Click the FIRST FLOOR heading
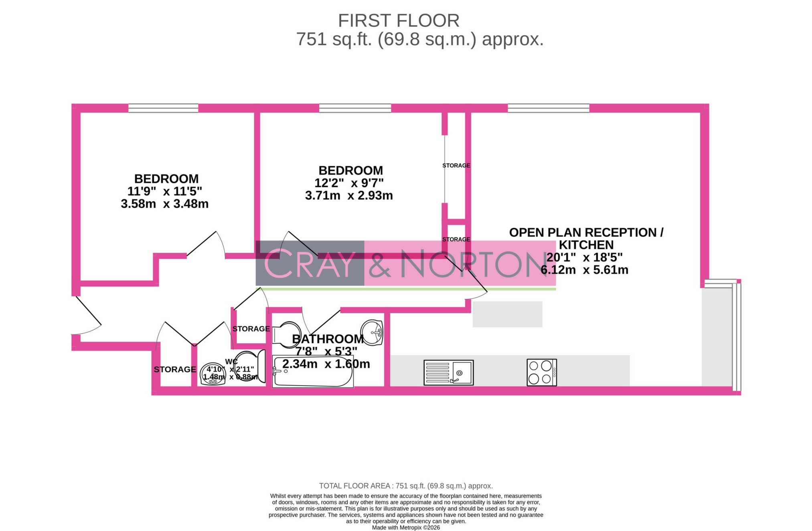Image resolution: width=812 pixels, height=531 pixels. [399, 21]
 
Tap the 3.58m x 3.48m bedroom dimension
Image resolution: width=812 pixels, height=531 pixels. [165, 204]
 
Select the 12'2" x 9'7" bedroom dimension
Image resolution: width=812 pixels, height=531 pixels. [349, 183]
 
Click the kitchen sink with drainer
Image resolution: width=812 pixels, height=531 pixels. [448, 372]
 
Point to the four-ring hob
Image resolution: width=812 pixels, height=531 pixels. [541, 372]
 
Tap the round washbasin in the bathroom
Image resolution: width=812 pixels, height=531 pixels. [372, 332]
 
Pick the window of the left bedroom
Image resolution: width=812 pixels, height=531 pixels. [163, 108]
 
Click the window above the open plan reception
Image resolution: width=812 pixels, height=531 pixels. [548, 108]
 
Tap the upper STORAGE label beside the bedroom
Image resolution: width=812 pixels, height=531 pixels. [456, 165]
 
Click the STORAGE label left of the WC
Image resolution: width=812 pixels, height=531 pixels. [175, 369]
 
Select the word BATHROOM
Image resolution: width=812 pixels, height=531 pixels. [328, 339]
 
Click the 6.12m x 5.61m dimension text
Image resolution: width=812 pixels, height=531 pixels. [584, 270]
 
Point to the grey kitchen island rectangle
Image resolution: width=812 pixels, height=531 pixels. [507, 314]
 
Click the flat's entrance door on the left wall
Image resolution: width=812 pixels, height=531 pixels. [86, 316]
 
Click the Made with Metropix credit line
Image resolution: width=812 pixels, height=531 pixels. [406, 527]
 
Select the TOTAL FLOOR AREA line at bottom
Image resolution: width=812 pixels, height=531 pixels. [406, 486]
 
